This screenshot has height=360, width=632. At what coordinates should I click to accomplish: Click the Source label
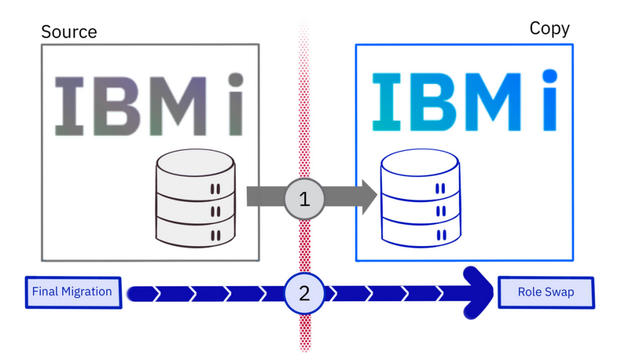pos(69,31)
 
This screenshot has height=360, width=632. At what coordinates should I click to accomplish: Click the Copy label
pos(549,28)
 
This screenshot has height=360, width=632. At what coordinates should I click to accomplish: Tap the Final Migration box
pos(72,291)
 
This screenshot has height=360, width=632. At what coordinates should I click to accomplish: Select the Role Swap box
pos(546,292)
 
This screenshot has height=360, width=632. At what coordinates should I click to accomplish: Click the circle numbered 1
pos(304,198)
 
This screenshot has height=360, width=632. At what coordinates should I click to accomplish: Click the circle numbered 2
pos(304,293)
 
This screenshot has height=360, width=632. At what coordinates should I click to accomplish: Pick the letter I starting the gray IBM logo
pos(66,106)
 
